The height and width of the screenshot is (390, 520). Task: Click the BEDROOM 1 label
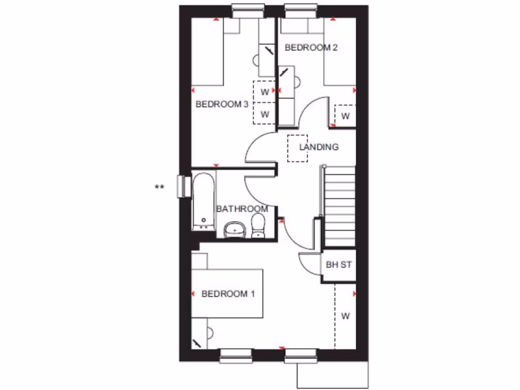(228, 294)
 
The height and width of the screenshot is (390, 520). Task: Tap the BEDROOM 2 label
(311, 48)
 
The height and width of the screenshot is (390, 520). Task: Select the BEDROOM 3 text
(222, 104)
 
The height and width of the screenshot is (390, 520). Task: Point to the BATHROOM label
(242, 209)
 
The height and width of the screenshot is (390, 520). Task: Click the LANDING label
(319, 147)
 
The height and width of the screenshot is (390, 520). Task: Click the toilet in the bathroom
(258, 225)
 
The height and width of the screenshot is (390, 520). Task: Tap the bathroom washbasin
(235, 230)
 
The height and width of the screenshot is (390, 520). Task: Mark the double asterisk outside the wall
(159, 187)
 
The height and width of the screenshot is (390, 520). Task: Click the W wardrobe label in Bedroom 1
(345, 316)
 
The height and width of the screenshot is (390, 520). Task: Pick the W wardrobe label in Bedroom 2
(345, 116)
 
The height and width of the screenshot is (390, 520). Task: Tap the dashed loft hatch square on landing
(298, 148)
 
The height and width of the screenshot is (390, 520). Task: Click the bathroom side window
(180, 186)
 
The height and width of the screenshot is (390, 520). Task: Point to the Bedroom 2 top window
(302, 9)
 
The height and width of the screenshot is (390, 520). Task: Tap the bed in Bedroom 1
(227, 294)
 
